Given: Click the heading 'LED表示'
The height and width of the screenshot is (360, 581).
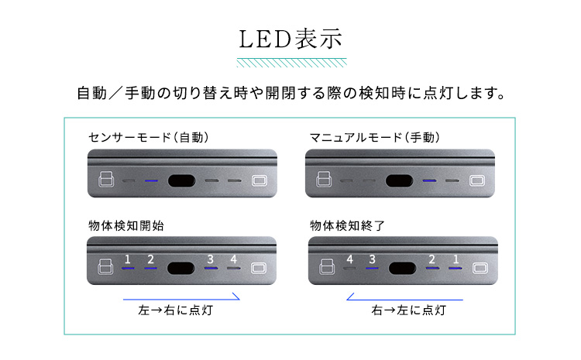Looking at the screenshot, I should (290, 39).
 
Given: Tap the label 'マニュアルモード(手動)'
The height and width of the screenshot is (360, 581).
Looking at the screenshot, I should (375, 137).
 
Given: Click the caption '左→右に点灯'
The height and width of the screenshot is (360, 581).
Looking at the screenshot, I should (176, 310).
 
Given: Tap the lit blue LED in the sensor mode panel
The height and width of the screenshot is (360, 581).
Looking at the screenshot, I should (151, 180).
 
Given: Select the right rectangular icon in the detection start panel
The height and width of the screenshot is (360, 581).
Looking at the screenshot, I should (258, 269).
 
